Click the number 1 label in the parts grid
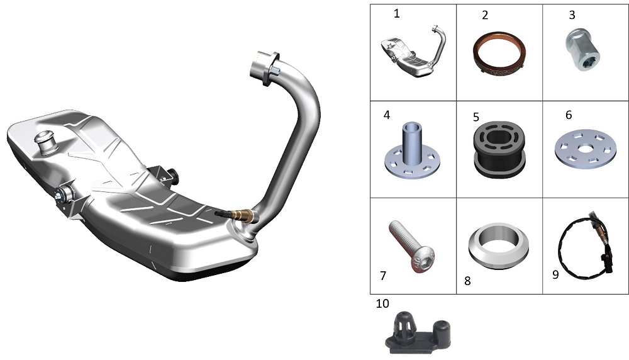tap(397, 14)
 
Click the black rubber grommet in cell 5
tap(499, 150)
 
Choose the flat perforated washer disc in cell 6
tap(585, 149)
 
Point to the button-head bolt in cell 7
tap(411, 247)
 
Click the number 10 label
tap(382, 303)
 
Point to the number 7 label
tap(383, 276)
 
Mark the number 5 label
tap(476, 117)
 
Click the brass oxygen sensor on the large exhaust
tap(237, 215)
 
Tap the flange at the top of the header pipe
tap(265, 68)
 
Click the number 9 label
tap(555, 274)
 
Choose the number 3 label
tap(572, 15)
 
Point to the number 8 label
tap(467, 281)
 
